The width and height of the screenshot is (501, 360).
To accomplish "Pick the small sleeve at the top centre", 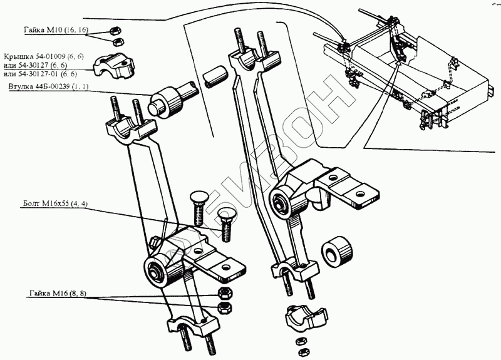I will click(x=214, y=75).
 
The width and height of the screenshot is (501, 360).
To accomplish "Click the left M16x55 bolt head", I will click(x=195, y=202).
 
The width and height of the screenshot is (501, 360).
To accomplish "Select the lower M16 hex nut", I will click(x=224, y=307).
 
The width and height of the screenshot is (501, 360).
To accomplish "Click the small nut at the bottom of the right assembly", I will click(x=301, y=342).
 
